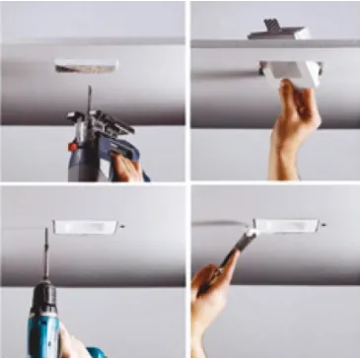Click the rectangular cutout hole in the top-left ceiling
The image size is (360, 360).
pyautogui.click(x=87, y=66)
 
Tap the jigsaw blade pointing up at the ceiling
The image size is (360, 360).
pyautogui.click(x=88, y=100)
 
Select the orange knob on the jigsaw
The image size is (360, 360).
pyautogui.click(x=73, y=147)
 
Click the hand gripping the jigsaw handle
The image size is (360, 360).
pyautogui.click(x=126, y=166)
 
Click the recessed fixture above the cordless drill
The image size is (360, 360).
pyautogui.click(x=86, y=227)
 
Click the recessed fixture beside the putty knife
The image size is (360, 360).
pyautogui.click(x=287, y=226)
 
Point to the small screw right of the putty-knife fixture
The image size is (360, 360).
pyautogui.click(x=324, y=226)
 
